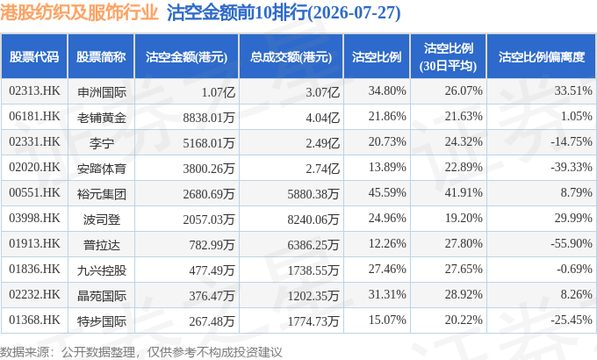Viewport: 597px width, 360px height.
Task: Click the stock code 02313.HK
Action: [x=34, y=91]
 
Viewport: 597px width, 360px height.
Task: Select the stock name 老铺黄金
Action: [x=101, y=118]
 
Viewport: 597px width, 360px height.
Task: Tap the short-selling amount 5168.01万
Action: [x=209, y=143]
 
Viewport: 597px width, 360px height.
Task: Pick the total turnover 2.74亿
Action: [x=322, y=168]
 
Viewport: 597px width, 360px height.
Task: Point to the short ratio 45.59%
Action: [x=387, y=192]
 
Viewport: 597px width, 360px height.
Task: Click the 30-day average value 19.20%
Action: [x=464, y=218]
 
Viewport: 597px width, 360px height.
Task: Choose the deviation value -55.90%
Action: [x=572, y=243]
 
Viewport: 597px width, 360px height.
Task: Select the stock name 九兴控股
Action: [x=101, y=270]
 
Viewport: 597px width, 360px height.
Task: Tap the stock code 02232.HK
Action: [x=34, y=294]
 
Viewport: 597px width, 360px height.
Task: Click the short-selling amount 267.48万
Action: [x=212, y=321]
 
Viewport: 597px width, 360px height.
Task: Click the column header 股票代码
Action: [x=34, y=57]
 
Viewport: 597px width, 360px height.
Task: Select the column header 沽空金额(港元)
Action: [x=186, y=57]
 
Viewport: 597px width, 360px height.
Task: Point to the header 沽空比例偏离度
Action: [x=542, y=57]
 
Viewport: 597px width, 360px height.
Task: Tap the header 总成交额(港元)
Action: [x=291, y=57]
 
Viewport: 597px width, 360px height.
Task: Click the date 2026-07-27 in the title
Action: [x=354, y=13]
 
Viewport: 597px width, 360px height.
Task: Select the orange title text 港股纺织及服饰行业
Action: [x=79, y=12]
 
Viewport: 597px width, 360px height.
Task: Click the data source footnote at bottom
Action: [x=140, y=352]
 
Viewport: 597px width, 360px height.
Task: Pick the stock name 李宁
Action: [x=101, y=143]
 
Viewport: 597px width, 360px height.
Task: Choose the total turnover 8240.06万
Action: [x=313, y=219]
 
